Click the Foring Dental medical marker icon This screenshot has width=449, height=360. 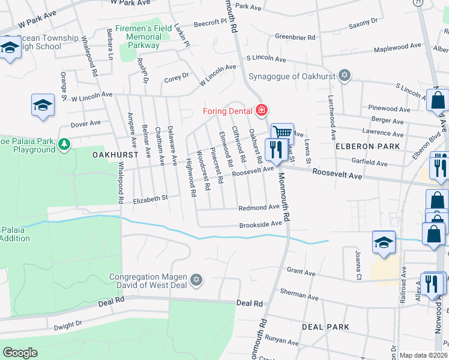(261, 110)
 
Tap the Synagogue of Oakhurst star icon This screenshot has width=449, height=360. (344, 75)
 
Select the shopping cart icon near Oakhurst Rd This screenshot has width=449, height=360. (282, 133)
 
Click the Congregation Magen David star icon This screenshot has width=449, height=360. (196, 280)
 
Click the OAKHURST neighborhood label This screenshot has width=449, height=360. (116, 154)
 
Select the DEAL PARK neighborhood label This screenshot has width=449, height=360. (325, 327)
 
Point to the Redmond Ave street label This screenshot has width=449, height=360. (259, 207)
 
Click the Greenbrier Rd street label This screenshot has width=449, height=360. (295, 37)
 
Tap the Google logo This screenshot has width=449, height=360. (20, 353)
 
